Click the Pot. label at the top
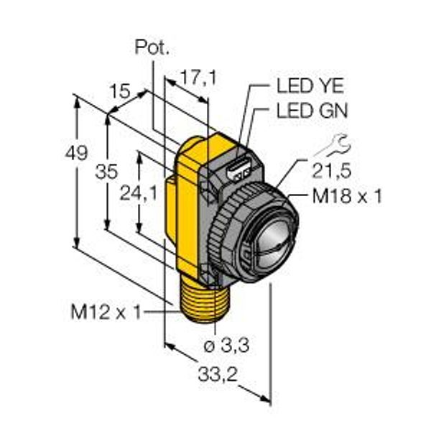[x=152, y=47]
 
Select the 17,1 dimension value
[x=198, y=78]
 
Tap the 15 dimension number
[x=119, y=91]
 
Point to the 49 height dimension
[x=76, y=153]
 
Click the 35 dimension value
[x=106, y=172]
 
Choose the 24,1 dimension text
[x=139, y=193]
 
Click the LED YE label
[x=310, y=85]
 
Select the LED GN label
[x=312, y=111]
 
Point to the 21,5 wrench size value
[x=332, y=171]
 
